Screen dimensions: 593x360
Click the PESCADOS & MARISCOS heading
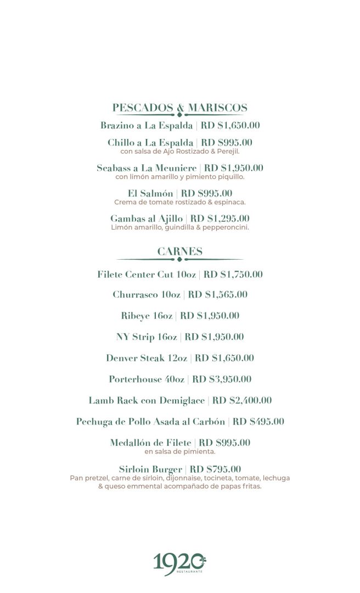pyautogui.click(x=180, y=108)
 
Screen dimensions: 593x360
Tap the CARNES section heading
pyautogui.click(x=180, y=251)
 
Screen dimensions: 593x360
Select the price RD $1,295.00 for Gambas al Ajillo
pyautogui.click(x=220, y=219)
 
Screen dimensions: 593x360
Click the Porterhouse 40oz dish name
pyautogui.click(x=147, y=379)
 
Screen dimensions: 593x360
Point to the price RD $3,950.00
pyautogui.click(x=222, y=379)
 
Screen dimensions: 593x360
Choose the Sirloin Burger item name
pyautogui.click(x=150, y=469)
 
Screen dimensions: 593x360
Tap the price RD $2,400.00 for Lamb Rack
pyautogui.click(x=242, y=401)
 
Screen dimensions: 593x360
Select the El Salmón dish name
pyautogui.click(x=150, y=193)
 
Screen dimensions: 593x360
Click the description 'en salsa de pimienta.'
pyautogui.click(x=180, y=452)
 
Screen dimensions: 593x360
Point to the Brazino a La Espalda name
pyautogui.click(x=147, y=126)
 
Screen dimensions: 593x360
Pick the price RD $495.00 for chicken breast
pyautogui.click(x=258, y=422)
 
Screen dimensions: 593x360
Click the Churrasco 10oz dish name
pyautogui.click(x=147, y=295)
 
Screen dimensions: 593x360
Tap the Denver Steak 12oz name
pyautogui.click(x=147, y=359)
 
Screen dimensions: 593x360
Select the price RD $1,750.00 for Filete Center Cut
pyautogui.click(x=233, y=275)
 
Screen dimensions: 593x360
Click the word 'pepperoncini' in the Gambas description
pyautogui.click(x=226, y=227)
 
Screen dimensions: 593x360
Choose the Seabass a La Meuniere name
pyautogui.click(x=147, y=168)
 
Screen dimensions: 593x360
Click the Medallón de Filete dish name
pyautogui.click(x=150, y=443)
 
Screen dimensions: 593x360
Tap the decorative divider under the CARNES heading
pyautogui.click(x=180, y=260)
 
